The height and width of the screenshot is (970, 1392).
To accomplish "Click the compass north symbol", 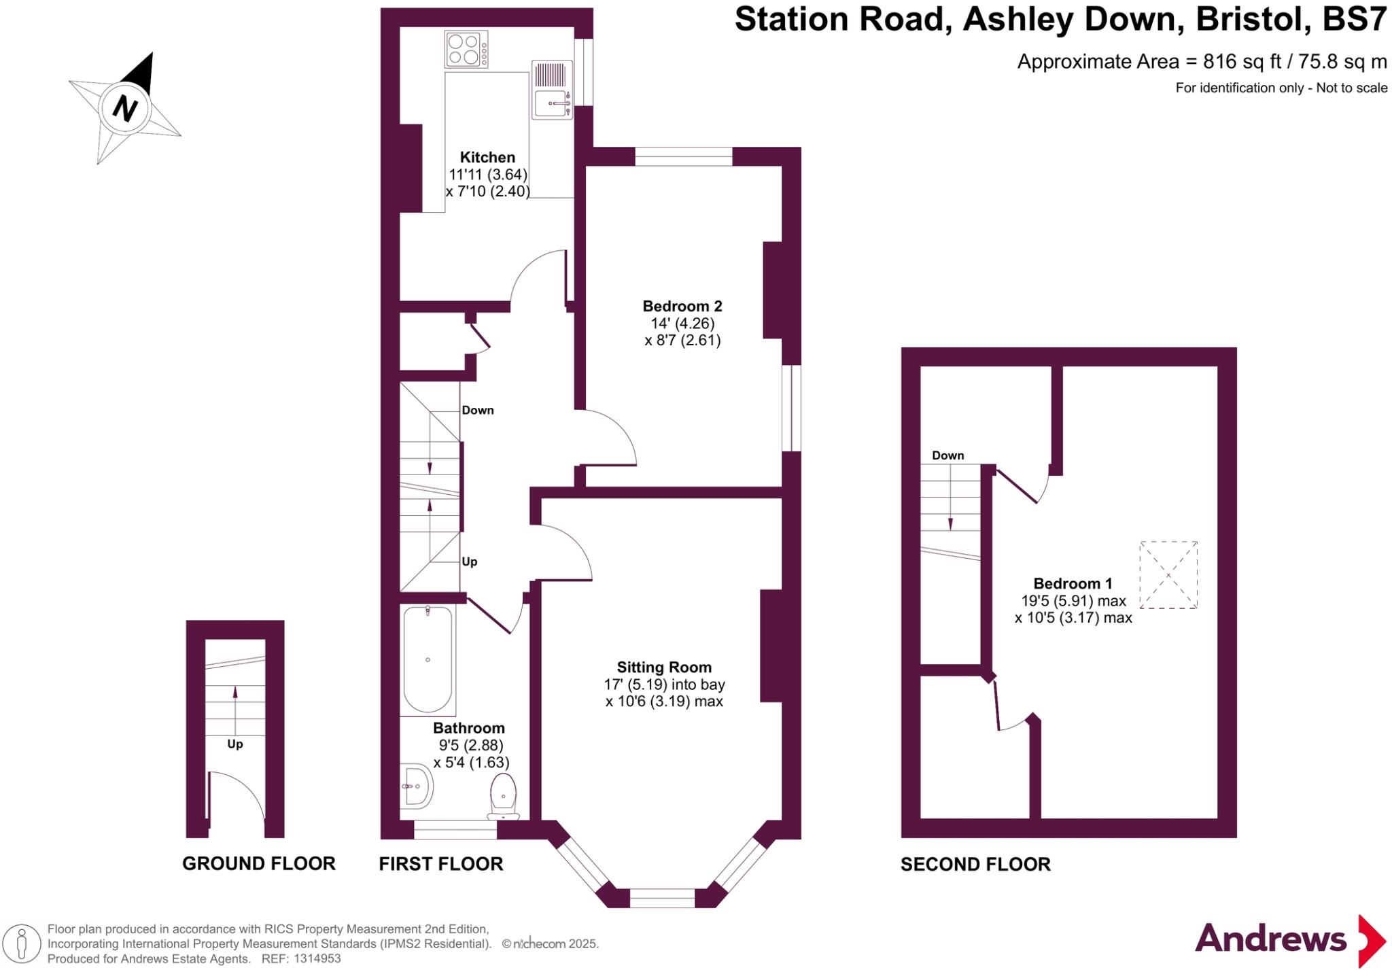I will point(125,107).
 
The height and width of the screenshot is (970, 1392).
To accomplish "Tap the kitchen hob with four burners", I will point(466,50).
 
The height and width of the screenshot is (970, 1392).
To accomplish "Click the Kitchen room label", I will point(487,157).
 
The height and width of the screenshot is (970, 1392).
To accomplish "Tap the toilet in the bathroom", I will point(503,797).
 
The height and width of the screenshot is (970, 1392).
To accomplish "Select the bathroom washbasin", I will point(416,786).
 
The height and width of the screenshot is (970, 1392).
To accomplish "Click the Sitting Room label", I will point(664,668).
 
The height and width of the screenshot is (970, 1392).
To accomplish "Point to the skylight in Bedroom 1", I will point(1168,575).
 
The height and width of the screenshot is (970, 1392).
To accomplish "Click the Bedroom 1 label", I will point(1073,583).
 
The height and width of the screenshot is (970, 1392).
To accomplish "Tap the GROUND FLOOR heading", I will point(259,863).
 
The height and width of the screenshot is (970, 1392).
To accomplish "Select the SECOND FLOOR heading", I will point(975,864).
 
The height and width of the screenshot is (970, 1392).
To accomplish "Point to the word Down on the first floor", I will point(477,410).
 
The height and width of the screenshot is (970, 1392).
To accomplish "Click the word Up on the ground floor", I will point(235,744).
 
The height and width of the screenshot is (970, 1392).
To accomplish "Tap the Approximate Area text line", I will point(1201,62).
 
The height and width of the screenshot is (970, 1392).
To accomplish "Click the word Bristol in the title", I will point(1253,19).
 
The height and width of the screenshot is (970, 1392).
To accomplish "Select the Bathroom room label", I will point(469,729).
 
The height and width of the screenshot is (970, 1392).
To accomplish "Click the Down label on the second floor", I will point(947,455).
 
